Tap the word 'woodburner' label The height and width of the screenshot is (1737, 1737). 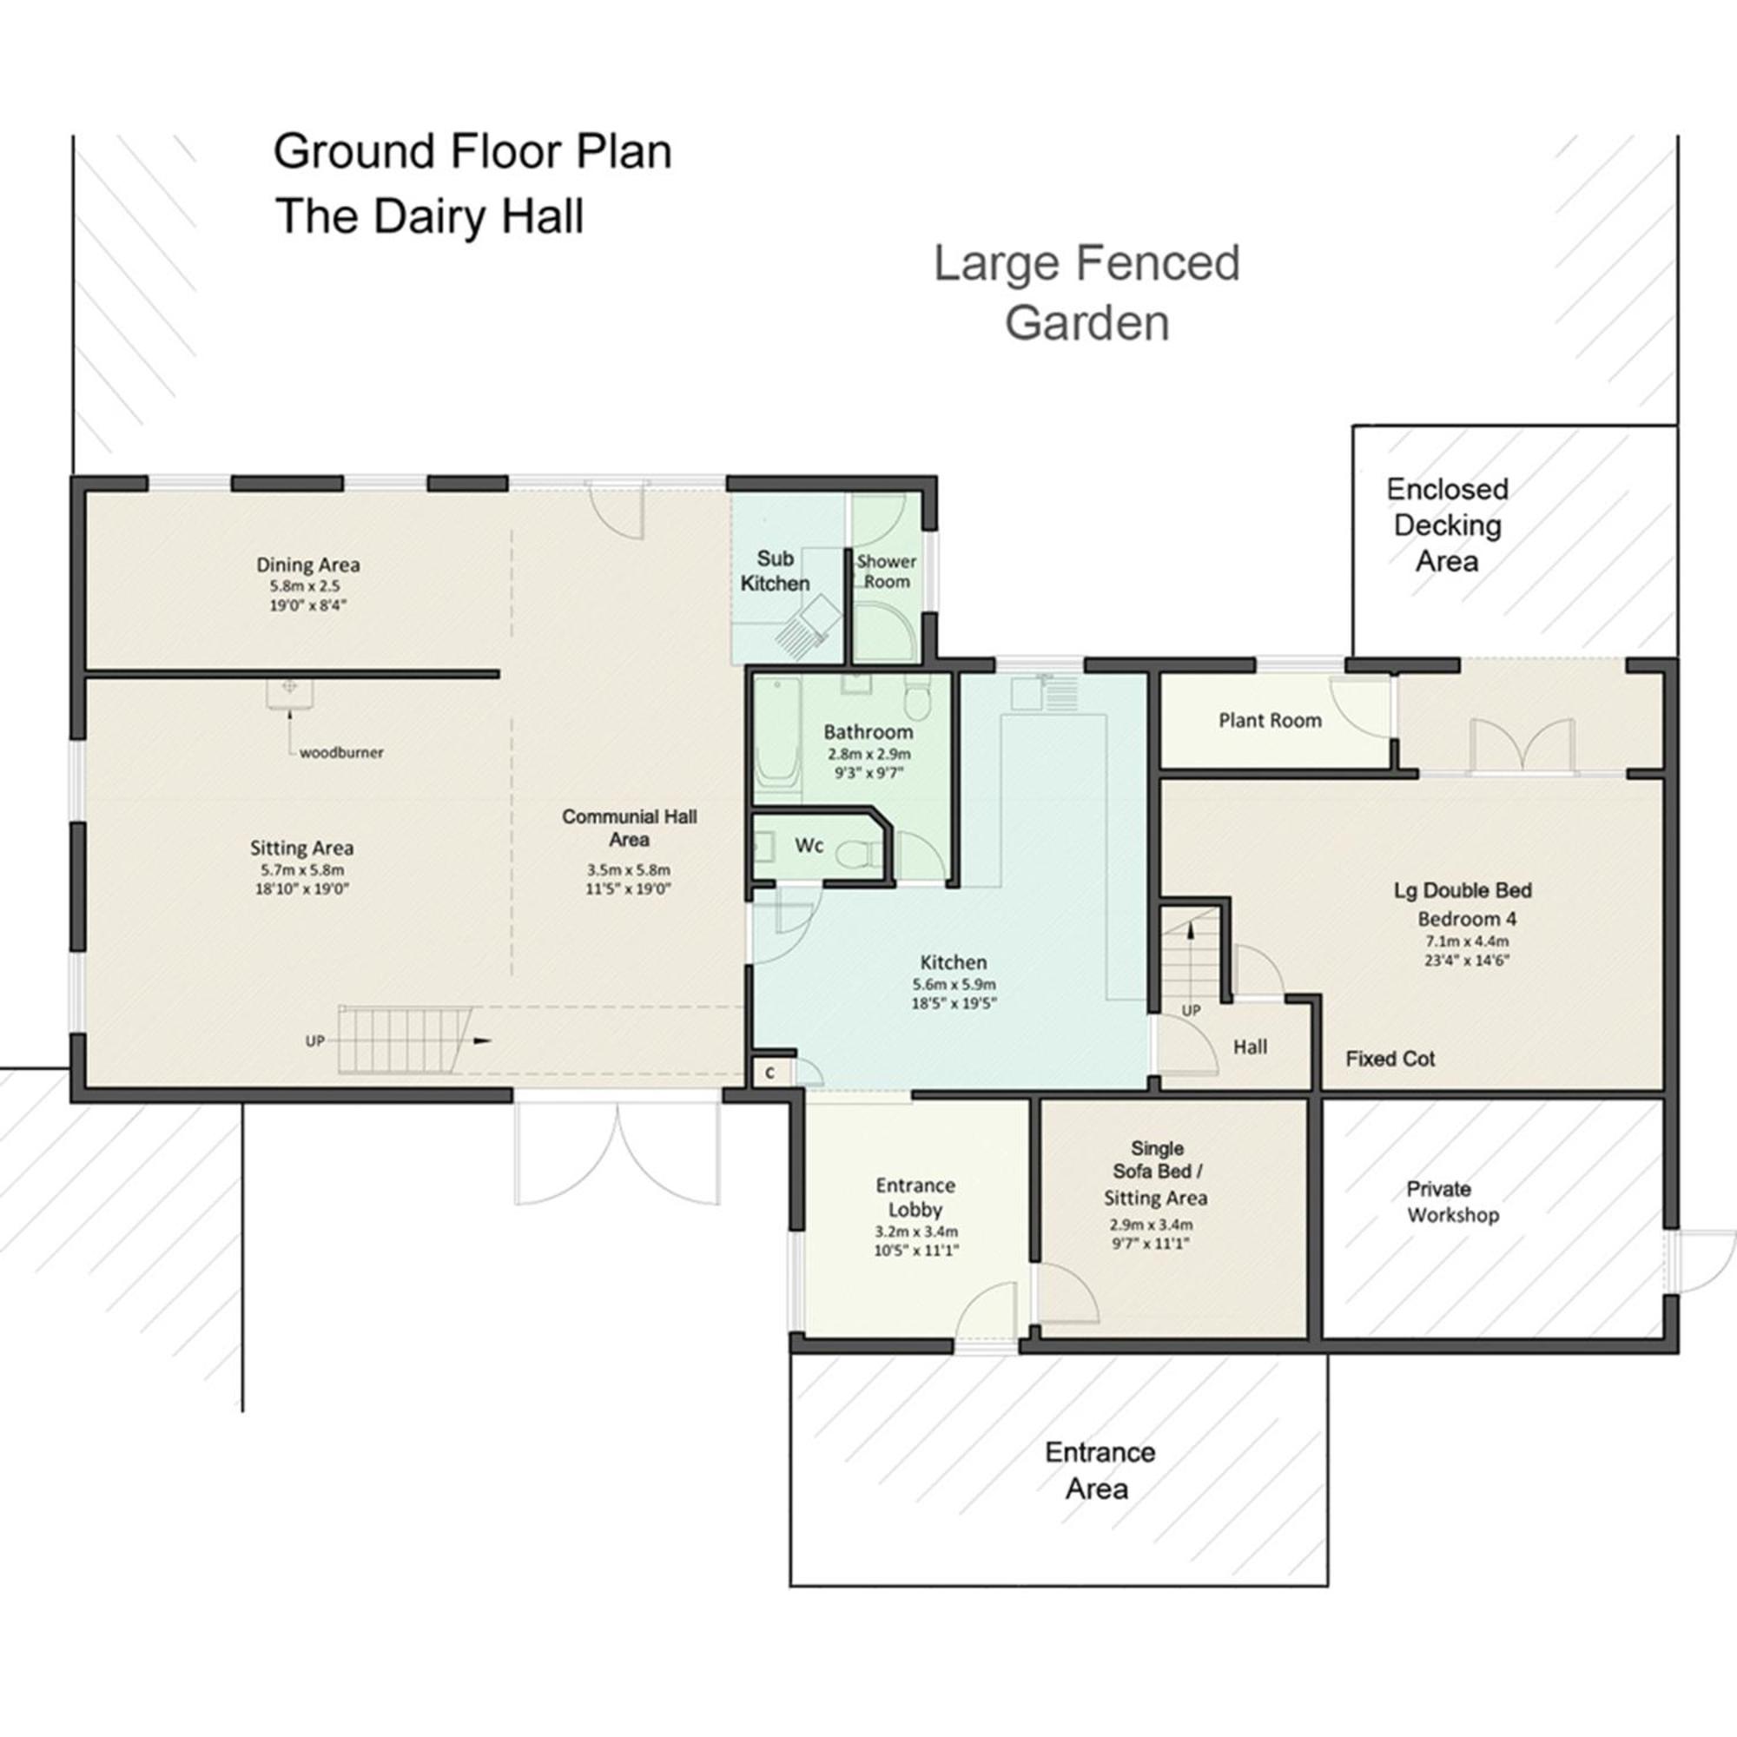341,752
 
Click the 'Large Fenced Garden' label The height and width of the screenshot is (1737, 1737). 1087,292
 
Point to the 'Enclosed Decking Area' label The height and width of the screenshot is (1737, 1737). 1447,525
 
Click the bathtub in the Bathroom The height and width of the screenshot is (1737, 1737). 777,740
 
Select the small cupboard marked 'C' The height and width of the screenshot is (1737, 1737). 770,1073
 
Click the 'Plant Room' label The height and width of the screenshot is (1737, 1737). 1271,720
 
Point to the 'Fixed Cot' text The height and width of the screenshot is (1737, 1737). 1390,1058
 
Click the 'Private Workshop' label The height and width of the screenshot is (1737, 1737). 1453,1202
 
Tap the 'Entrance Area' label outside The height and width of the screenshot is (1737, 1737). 1099,1471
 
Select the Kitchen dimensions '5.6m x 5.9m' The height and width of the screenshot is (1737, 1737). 954,984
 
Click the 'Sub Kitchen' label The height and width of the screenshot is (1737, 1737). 775,571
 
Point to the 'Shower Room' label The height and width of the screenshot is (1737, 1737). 887,571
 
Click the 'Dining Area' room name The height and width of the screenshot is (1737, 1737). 308,565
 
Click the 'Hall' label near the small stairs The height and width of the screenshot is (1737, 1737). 1250,1047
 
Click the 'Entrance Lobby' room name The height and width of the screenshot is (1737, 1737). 915,1197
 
